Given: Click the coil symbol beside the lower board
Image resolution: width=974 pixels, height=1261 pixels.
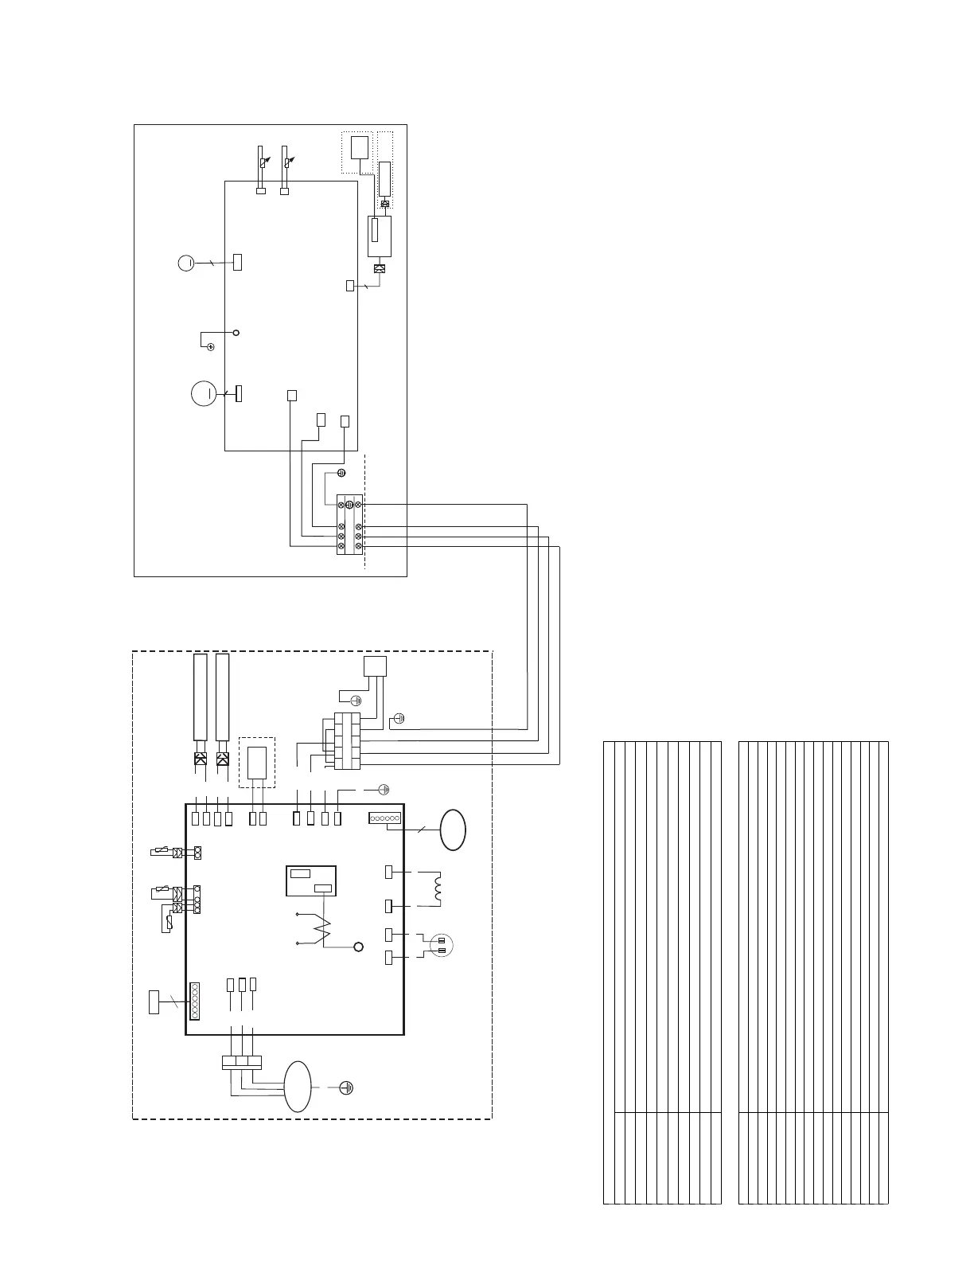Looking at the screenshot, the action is tap(435, 888).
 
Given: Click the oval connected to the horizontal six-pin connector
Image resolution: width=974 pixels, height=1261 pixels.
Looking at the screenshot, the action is tap(454, 830).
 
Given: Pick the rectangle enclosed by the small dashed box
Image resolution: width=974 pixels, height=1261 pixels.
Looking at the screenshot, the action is tap(257, 762).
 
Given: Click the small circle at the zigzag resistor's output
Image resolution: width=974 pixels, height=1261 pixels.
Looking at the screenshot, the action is tap(358, 946).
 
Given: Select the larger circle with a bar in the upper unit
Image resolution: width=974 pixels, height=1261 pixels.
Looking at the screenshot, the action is tap(204, 393).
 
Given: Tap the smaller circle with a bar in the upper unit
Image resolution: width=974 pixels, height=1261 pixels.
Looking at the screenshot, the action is tap(185, 262).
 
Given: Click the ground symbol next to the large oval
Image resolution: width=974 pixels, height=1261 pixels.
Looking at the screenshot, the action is tap(346, 1087).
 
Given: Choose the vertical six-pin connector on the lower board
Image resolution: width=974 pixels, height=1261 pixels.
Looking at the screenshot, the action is tap(193, 1001).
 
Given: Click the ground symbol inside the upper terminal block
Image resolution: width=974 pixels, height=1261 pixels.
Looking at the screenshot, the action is tap(349, 504).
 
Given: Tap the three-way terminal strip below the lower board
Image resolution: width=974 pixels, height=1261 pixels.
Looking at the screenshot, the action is tap(241, 1060).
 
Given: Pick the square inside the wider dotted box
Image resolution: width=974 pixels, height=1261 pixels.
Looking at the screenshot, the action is tap(360, 147).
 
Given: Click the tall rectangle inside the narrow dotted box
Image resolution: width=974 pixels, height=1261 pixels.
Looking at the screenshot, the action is tap(385, 178).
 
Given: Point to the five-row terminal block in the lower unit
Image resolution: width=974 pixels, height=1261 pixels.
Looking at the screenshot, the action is tap(349, 741).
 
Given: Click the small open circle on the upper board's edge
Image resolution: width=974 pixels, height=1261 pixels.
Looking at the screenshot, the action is tap(236, 332).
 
